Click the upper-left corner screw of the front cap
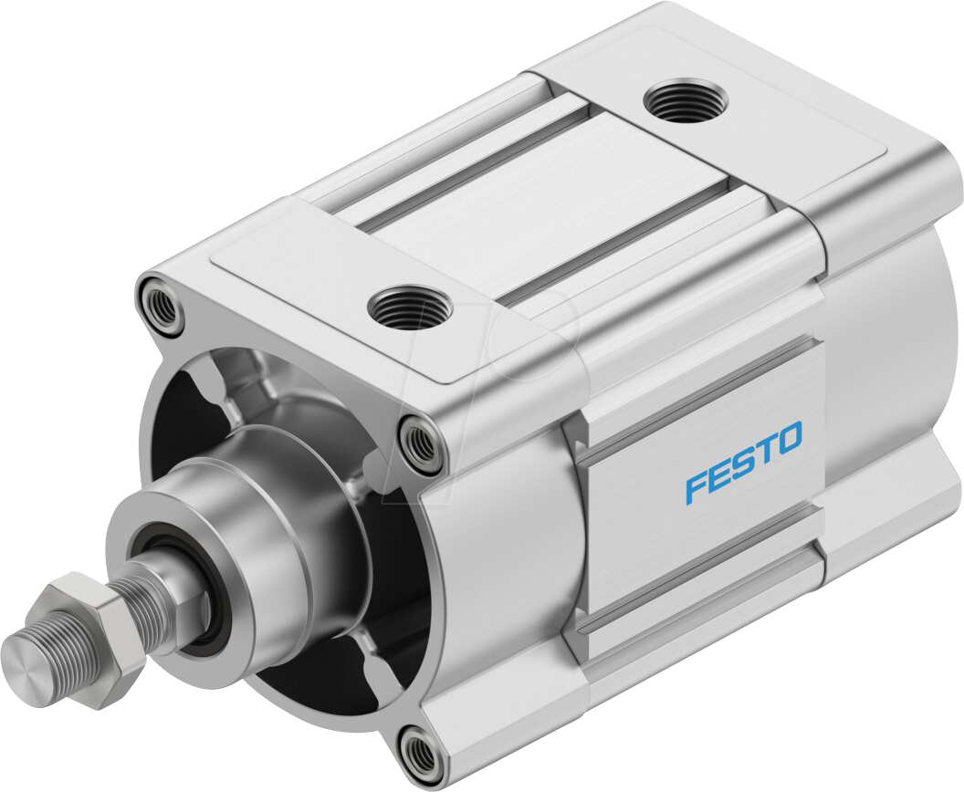[x=160, y=305]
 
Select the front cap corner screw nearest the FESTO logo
[x=420, y=442]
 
